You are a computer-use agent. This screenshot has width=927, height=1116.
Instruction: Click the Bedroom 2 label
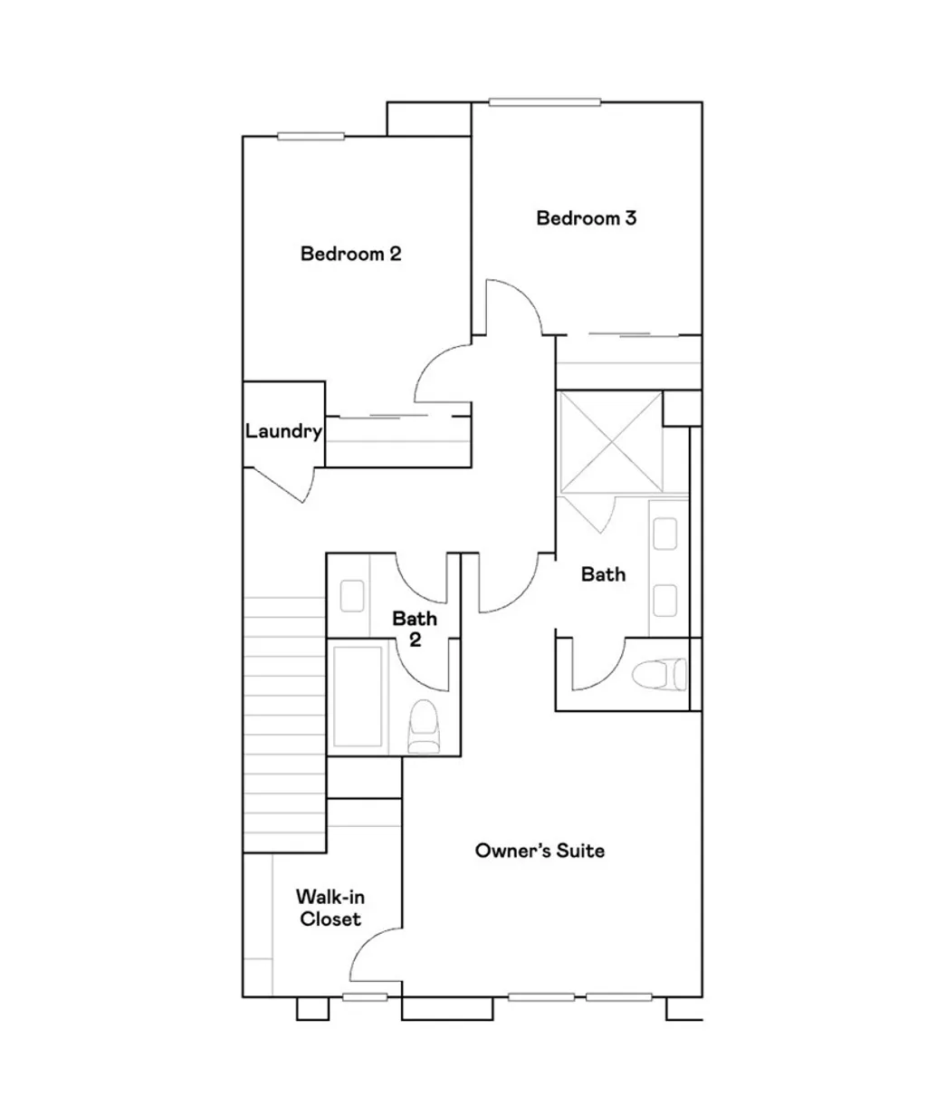pos(350,254)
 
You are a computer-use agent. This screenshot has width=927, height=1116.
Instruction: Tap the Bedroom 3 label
pos(586,218)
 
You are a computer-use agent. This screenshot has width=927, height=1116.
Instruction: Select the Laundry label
pos(283,432)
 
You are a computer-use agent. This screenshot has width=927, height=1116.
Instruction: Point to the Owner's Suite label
pos(540,851)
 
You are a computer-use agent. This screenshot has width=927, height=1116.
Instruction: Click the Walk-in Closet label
pos(330,908)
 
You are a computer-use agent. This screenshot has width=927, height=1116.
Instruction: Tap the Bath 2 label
pos(415,629)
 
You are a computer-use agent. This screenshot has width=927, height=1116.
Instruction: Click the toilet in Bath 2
pos(423,729)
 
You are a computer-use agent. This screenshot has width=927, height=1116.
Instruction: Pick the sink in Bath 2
pos(350,595)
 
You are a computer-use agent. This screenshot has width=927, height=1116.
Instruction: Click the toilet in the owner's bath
pos(658,675)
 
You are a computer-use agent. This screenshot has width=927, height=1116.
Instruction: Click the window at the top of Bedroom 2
pos(311,137)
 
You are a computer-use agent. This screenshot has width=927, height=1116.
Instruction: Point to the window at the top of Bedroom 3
pos(545,102)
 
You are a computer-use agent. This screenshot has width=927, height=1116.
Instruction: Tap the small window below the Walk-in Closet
pos(365,997)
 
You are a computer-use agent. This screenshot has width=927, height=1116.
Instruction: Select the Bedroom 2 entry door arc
pos(442,373)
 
